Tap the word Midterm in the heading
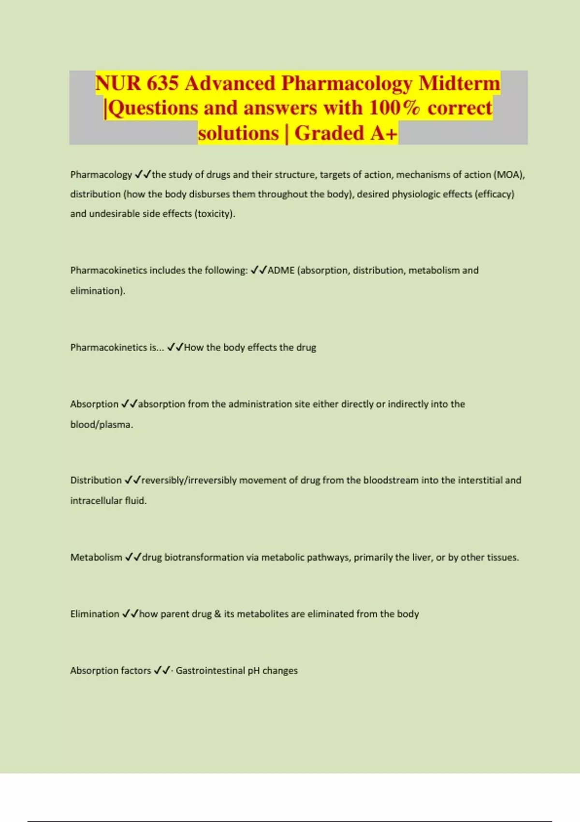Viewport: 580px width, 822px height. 459,83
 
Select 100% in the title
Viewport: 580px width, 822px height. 394,108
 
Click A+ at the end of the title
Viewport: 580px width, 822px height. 384,133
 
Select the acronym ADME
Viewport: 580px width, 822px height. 281,270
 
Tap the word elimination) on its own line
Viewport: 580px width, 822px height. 98,291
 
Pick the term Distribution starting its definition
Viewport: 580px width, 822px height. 96,480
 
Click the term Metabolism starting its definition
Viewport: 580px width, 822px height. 96,557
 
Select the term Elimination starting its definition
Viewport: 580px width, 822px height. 95,614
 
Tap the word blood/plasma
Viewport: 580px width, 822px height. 101,425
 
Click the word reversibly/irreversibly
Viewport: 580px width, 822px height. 189,480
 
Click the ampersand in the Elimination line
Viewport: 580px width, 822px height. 217,614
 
